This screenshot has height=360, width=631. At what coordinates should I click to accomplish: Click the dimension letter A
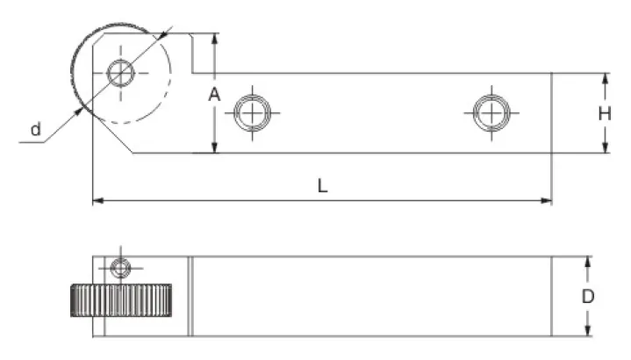[x=214, y=95]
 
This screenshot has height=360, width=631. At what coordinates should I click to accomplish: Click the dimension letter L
[x=322, y=186]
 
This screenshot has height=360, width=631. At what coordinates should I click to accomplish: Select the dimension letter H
[x=605, y=114]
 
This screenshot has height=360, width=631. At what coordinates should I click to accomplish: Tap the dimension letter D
[x=588, y=297]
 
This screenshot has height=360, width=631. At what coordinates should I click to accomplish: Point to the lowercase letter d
[x=36, y=129]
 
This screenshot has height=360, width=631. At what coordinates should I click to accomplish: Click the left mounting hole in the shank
[x=253, y=113]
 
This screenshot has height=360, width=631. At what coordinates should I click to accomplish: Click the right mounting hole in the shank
[x=491, y=113]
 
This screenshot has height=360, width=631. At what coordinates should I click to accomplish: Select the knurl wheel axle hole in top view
[x=121, y=73]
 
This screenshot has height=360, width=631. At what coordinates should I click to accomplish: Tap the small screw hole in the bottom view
[x=120, y=268]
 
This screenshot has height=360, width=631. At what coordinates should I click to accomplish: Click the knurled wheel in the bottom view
[x=121, y=300]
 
